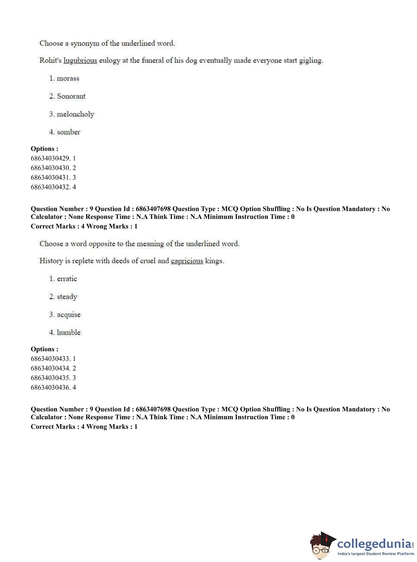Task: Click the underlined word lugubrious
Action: point(80,61)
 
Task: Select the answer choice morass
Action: point(68,79)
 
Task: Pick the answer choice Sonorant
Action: point(71,96)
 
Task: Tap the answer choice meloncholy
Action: point(75,114)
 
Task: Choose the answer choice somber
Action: point(68,132)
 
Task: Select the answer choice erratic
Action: point(67,279)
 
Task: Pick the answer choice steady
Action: point(67,297)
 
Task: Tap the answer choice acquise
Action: point(68,315)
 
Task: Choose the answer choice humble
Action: point(68,333)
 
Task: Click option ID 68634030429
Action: point(53,158)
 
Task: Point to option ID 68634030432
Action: point(53,187)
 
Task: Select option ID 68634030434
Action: point(53,368)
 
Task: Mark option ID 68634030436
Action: point(53,387)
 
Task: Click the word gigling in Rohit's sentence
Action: point(311,61)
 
